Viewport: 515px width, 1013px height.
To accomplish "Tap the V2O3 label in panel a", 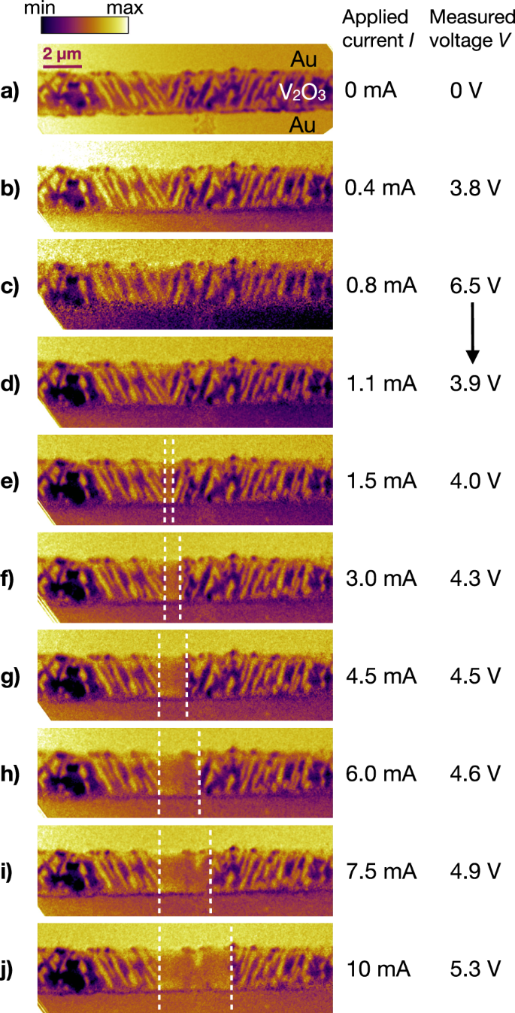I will click(301, 92).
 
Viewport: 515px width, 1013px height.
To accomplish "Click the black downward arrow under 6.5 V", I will click(472, 331).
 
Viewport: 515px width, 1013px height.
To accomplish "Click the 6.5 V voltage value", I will click(472, 287).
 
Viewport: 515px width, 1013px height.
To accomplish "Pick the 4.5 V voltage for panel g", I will click(472, 676).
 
